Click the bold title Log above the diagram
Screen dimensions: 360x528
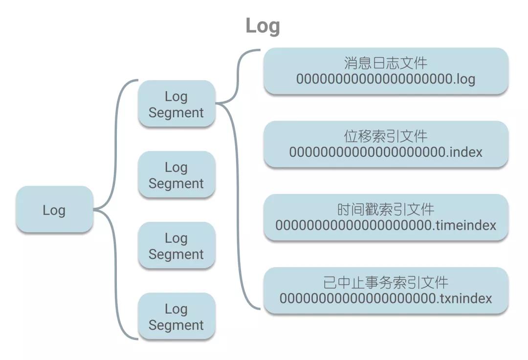(263, 26)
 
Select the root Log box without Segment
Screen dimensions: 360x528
(54, 210)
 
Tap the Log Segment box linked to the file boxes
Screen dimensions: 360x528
(176, 104)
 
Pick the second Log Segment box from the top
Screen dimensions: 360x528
(176, 175)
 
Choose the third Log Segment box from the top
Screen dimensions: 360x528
(176, 246)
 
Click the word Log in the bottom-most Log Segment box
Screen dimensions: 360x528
(176, 309)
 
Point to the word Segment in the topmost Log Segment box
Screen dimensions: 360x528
(176, 112)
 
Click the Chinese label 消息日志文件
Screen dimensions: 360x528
(386, 63)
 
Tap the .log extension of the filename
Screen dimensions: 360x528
(464, 79)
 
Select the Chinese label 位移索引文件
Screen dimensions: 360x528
(386, 136)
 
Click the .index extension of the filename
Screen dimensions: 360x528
(464, 152)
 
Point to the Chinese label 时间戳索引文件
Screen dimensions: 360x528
(386, 210)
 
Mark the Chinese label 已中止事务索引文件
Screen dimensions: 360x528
(386, 282)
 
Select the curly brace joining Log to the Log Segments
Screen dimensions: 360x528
(117, 210)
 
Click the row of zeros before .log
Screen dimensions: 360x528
(374, 79)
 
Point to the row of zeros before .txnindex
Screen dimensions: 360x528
(357, 298)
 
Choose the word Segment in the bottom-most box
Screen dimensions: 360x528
(176, 325)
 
